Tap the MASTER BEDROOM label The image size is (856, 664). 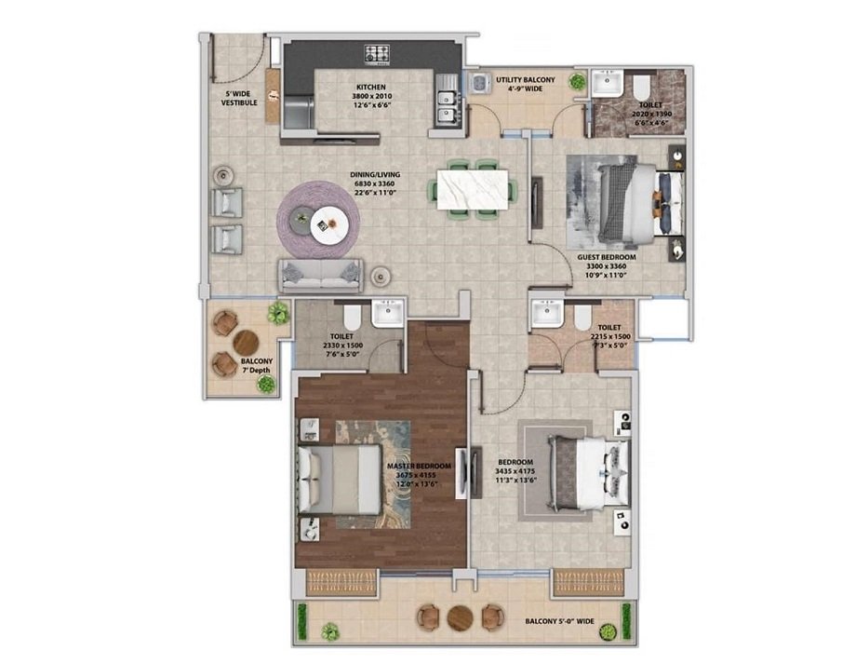pyautogui.click(x=420, y=466)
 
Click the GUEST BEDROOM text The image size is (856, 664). pyautogui.click(x=606, y=257)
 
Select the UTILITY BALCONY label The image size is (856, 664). pyautogui.click(x=525, y=80)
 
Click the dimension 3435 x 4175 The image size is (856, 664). pyautogui.click(x=515, y=472)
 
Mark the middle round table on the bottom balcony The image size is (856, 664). pyautogui.click(x=461, y=617)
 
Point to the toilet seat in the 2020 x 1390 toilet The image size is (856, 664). pyautogui.click(x=642, y=88)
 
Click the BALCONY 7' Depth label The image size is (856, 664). pyautogui.click(x=256, y=365)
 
